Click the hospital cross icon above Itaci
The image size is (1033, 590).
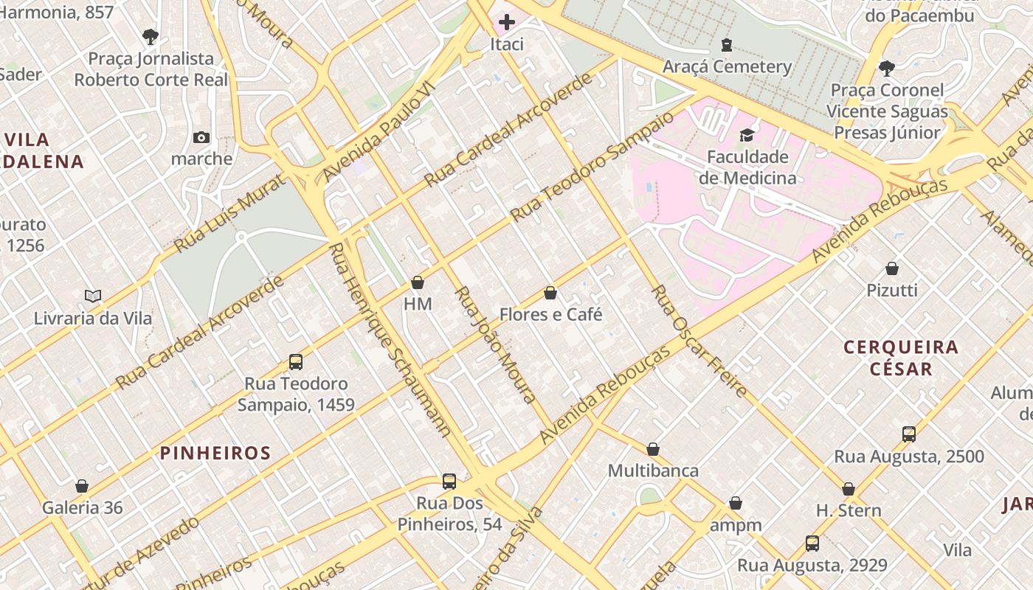(507, 23)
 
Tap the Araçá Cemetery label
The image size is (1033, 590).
(727, 66)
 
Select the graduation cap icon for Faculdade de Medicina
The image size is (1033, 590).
(747, 135)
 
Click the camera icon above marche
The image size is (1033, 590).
(201, 137)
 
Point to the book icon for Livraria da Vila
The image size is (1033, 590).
(93, 296)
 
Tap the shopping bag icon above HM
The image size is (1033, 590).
(418, 282)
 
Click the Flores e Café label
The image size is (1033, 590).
(550, 314)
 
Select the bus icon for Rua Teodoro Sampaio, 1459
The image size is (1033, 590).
(296, 362)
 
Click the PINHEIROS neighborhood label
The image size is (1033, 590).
(215, 453)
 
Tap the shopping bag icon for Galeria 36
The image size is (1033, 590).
(82, 486)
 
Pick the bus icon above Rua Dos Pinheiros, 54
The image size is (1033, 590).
(449, 482)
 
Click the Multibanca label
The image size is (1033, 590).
(652, 471)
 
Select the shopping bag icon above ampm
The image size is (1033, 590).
(736, 504)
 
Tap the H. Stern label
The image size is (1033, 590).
(849, 510)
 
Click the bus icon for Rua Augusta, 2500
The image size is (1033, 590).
(909, 434)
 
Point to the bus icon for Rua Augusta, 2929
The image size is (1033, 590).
(812, 544)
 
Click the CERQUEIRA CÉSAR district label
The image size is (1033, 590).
(901, 357)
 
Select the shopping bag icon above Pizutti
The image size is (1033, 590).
(892, 268)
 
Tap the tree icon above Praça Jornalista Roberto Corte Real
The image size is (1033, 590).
(151, 36)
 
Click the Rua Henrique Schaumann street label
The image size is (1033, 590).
(389, 339)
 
